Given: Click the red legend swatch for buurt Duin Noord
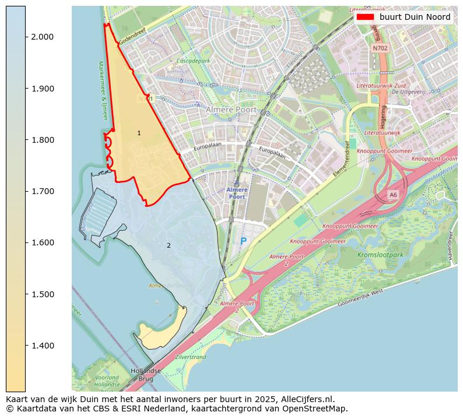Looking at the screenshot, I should tap(365, 17).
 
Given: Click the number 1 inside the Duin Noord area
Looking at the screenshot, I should tap(139, 133).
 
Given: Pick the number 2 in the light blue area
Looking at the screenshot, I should tap(169, 245).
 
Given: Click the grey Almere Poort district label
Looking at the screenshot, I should tap(231, 109).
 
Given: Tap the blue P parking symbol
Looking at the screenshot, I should tap(243, 241).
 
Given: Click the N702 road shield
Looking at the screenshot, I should tap(380, 48).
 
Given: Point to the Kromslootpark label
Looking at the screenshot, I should tap(380, 255).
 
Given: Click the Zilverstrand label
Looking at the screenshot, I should tap(190, 357).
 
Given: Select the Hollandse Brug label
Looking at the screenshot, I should tap(145, 374).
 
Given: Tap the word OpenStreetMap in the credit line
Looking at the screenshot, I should tap(318, 409).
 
